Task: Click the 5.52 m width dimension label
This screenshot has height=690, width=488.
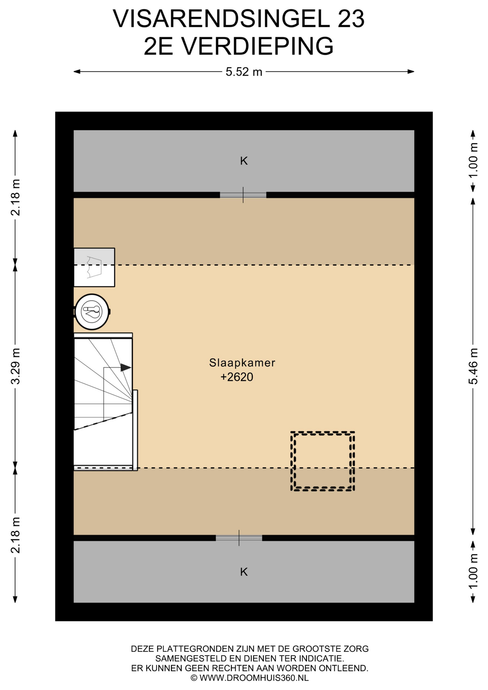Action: pyautogui.click(x=244, y=72)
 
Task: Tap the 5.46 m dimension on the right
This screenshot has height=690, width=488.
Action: pyautogui.click(x=473, y=366)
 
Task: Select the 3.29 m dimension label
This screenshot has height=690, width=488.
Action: pyautogui.click(x=15, y=366)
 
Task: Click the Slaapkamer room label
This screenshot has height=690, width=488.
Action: pyautogui.click(x=242, y=363)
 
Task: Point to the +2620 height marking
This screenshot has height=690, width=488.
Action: pyautogui.click(x=237, y=377)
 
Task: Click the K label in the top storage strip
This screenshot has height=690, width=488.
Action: pyautogui.click(x=244, y=161)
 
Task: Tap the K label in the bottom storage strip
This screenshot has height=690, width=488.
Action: pyautogui.click(x=244, y=572)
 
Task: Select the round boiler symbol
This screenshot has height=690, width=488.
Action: pyautogui.click(x=92, y=312)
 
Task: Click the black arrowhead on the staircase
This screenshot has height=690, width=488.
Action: pyautogui.click(x=126, y=367)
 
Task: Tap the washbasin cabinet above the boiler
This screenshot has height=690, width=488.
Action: pyautogui.click(x=95, y=267)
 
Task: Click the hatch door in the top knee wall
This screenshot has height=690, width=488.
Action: pyautogui.click(x=243, y=195)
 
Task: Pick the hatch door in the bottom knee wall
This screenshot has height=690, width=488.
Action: pyautogui.click(x=239, y=538)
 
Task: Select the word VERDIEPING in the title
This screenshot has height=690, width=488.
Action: pyautogui.click(x=257, y=46)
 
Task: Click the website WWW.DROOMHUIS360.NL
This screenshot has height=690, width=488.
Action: pyautogui.click(x=254, y=678)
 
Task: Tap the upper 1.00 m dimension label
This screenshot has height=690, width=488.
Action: pyautogui.click(x=473, y=160)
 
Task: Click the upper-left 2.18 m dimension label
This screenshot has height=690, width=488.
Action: pyautogui.click(x=15, y=197)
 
